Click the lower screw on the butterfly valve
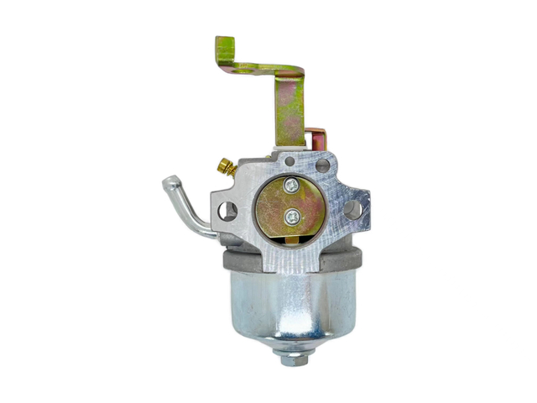point(291,217)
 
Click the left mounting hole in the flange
point(227,211)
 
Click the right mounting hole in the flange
point(352,208)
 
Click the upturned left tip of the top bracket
point(224,47)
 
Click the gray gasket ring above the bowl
point(252,262)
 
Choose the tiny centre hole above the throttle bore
point(289,160)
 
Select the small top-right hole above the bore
point(322,166)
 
